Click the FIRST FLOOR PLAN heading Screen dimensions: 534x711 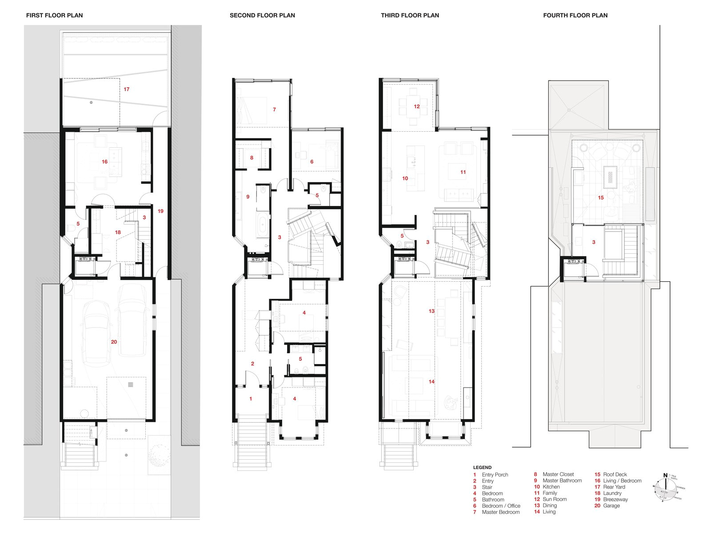54,15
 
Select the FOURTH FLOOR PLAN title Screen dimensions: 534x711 575,15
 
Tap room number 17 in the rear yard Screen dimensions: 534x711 127,89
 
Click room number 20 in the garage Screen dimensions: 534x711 114,342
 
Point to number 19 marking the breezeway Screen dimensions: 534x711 160,211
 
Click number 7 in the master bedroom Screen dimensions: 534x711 274,109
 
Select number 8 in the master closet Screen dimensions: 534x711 252,158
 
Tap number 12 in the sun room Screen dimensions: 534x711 416,106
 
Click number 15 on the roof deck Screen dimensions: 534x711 601,198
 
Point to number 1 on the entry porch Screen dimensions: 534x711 251,399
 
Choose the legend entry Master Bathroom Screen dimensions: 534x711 562,481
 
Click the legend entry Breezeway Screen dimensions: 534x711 615,499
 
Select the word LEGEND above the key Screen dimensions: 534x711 482,467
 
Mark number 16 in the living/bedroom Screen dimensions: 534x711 104,162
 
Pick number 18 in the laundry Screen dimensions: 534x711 118,232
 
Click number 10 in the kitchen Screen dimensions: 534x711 405,178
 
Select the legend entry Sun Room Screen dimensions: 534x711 554,499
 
